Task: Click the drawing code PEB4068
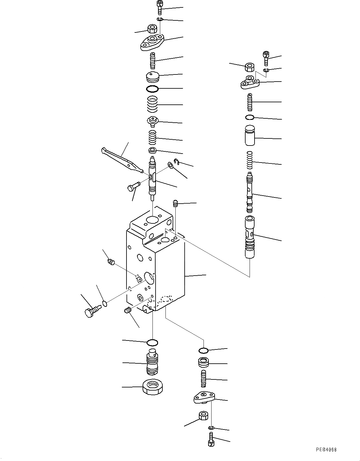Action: coord(326,450)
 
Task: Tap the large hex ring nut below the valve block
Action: coord(153,387)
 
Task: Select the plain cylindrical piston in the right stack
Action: coord(250,135)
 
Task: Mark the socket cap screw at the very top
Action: coord(160,7)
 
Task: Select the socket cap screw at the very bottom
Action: coord(211,440)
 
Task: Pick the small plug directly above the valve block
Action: coord(175,204)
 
